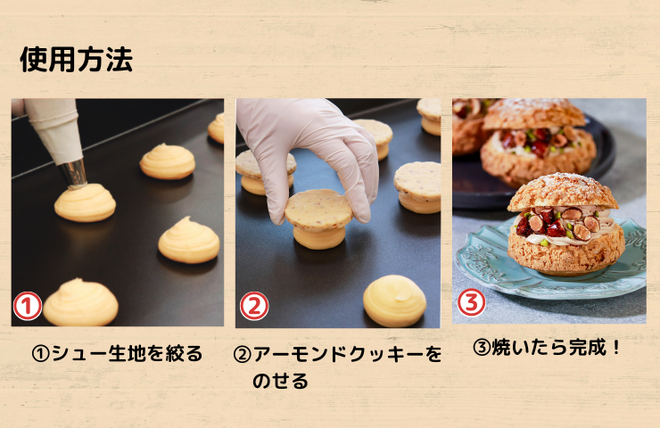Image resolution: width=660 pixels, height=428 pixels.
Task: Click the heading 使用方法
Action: [x=76, y=59]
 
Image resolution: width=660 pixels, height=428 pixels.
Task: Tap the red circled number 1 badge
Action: [x=28, y=306]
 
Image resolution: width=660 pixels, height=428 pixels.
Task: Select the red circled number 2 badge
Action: [x=254, y=306]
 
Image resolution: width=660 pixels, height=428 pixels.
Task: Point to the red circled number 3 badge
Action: [x=472, y=302]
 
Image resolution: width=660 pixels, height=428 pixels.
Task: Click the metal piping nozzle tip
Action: [x=73, y=173]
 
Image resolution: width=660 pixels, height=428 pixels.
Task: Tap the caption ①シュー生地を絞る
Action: [x=118, y=353]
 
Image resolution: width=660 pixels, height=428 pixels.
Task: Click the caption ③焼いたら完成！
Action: [x=547, y=347]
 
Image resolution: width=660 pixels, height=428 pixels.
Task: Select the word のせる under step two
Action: [x=280, y=381]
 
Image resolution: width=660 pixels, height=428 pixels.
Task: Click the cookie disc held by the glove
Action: [x=318, y=210]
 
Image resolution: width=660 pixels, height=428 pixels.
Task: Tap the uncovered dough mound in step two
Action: [x=394, y=300]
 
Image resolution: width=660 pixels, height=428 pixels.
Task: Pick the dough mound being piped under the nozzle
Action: [x=85, y=202]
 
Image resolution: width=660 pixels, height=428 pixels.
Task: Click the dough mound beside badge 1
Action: [x=80, y=302]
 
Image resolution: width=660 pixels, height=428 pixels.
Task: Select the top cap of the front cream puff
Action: [x=563, y=192]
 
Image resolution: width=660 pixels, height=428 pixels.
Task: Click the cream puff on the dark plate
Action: [x=539, y=143]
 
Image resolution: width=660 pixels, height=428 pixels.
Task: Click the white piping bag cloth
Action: [x=53, y=128]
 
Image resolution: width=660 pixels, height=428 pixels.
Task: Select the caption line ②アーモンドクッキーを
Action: [x=337, y=354]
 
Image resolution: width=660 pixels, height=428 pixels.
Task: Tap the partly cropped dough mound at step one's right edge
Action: [x=217, y=128]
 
